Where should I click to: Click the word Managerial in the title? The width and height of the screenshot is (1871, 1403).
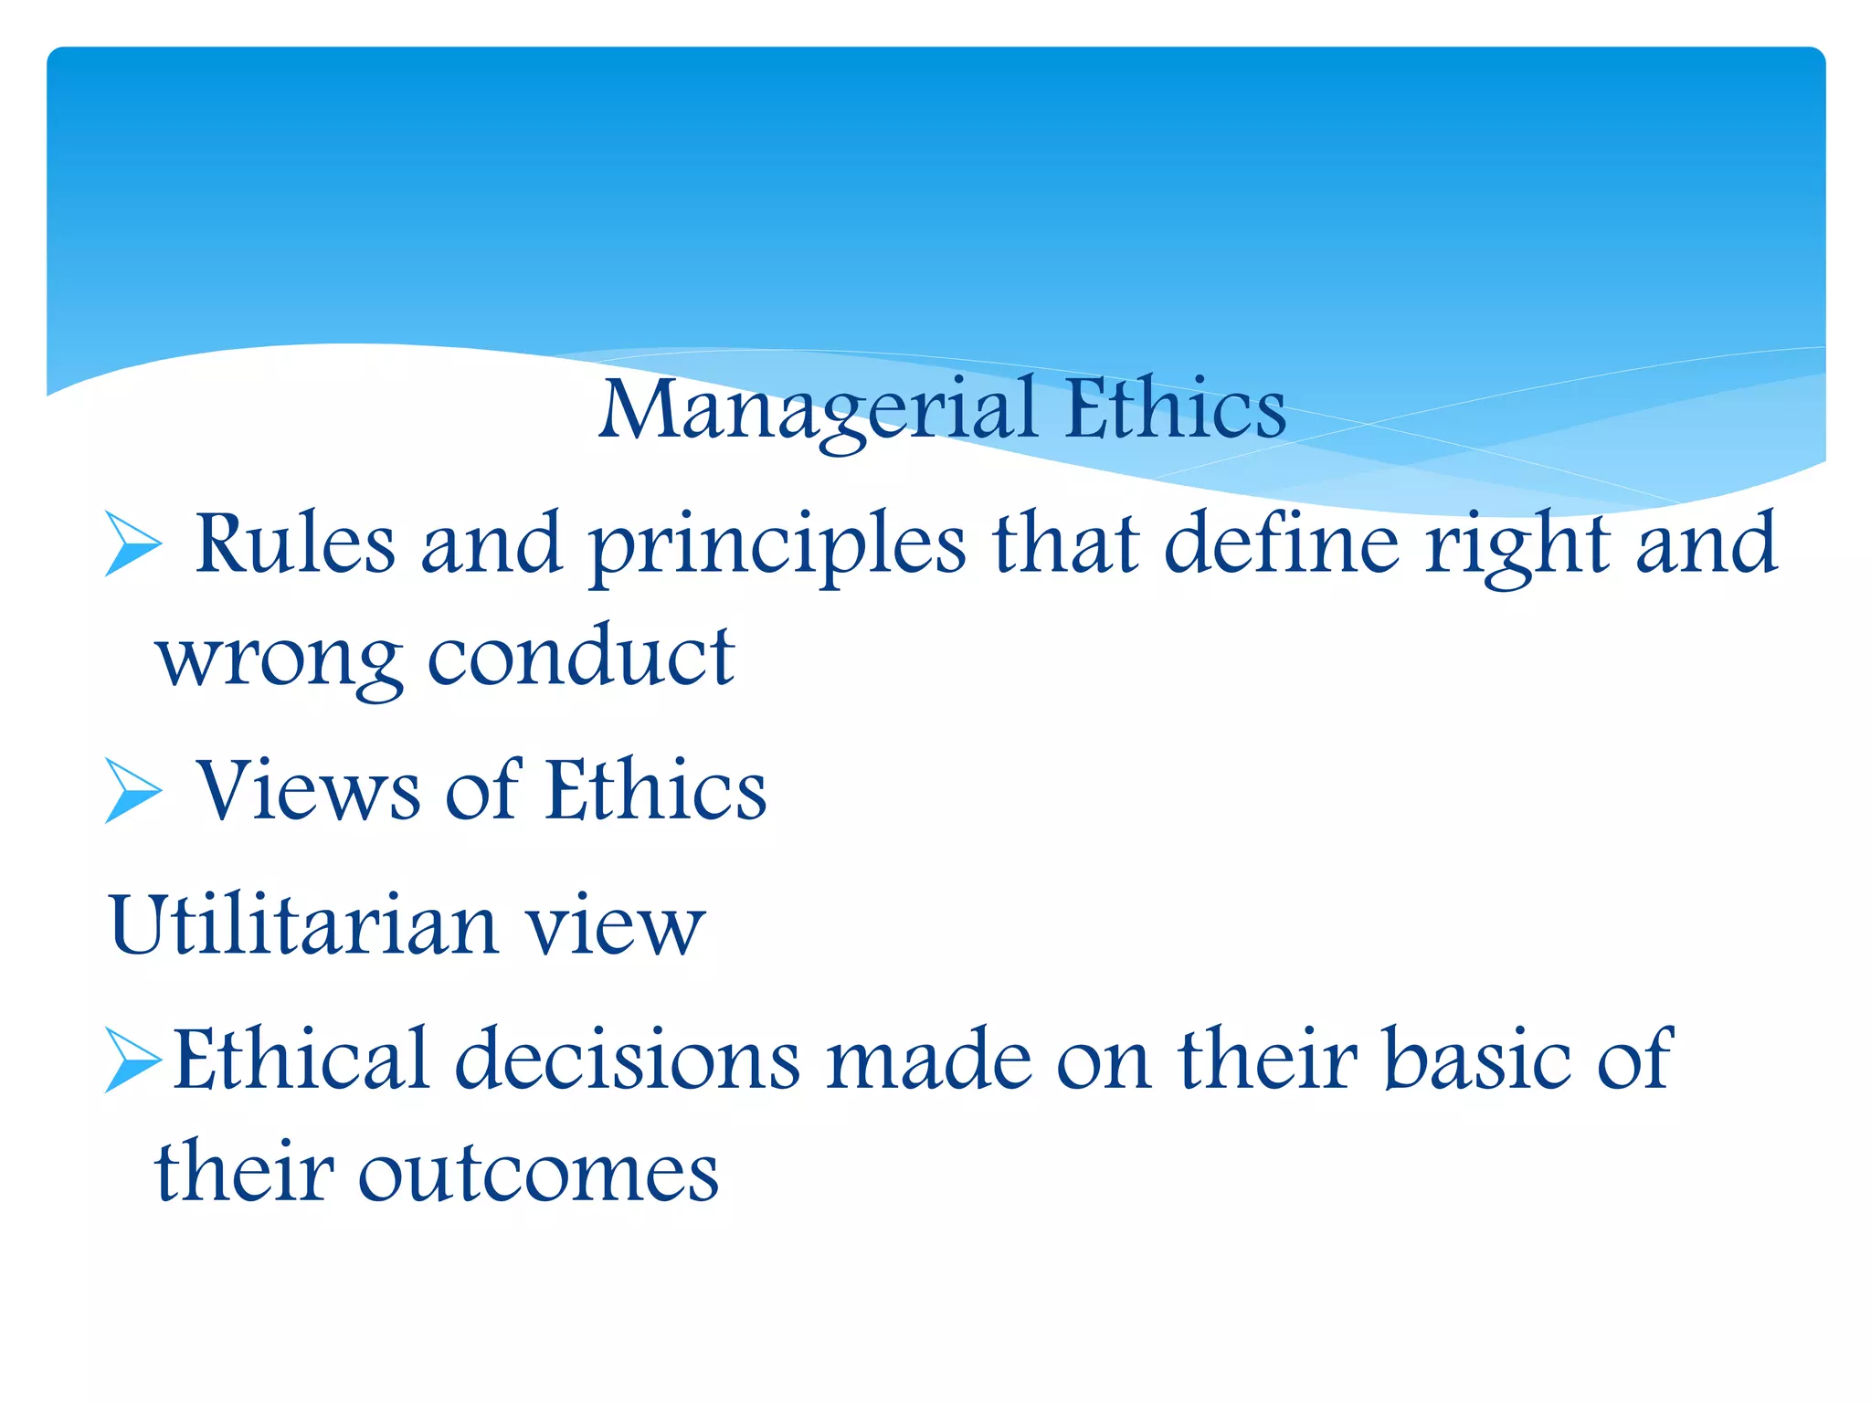(818, 411)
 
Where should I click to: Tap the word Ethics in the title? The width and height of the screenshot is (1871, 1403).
(1175, 409)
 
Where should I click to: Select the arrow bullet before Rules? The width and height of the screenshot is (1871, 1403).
(132, 544)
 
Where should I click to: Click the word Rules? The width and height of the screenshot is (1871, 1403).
(295, 544)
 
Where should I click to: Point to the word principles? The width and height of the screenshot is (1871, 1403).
(777, 546)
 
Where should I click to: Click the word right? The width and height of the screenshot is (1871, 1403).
(1517, 546)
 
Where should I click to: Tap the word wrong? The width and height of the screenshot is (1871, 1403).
(280, 659)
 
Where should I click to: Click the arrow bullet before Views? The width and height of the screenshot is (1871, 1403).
(132, 791)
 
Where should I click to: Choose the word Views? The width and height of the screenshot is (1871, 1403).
(309, 791)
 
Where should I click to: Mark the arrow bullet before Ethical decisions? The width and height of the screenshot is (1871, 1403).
(132, 1060)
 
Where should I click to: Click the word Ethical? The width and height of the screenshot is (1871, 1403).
(301, 1060)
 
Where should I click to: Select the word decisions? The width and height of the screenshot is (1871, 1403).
(628, 1060)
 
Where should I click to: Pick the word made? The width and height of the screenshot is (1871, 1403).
(928, 1060)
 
